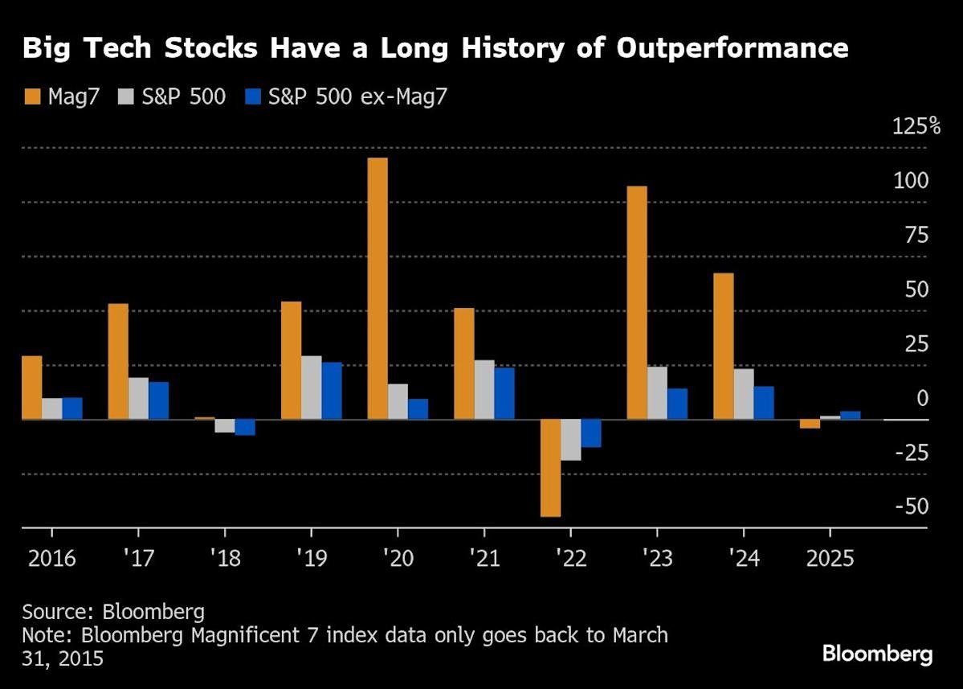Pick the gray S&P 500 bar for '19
(311, 388)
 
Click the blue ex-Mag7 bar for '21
(504, 393)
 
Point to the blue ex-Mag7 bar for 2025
(850, 415)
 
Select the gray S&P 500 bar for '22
(570, 440)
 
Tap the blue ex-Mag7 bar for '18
(245, 427)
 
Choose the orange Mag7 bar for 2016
(31, 388)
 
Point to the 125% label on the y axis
(916, 126)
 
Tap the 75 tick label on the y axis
(916, 235)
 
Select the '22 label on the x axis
(569, 558)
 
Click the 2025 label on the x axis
(829, 558)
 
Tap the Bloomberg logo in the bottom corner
(877, 653)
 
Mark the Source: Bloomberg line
(102, 609)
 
